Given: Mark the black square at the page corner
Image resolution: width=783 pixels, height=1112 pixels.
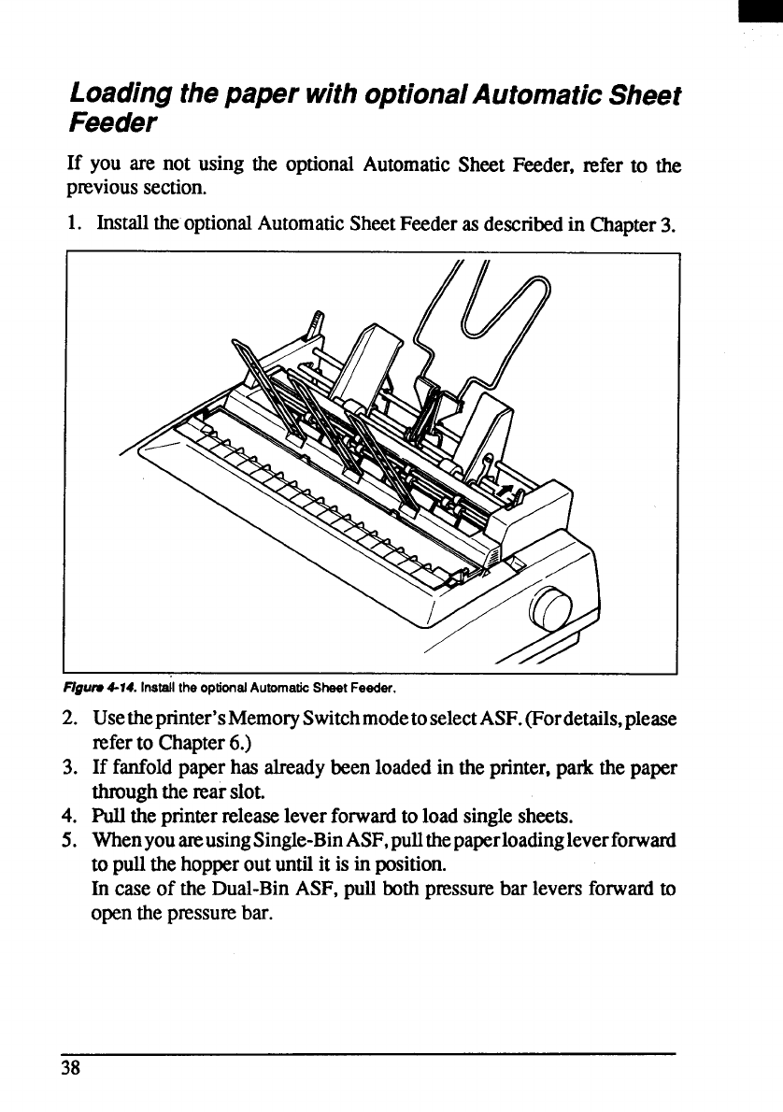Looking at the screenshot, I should coord(772,11).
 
